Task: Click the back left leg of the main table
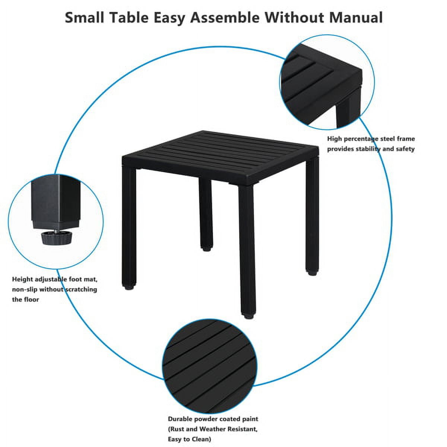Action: tap(205, 212)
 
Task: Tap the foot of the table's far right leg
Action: tap(312, 272)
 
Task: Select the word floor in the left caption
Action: tap(32, 299)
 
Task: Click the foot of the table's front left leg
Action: tap(129, 287)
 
